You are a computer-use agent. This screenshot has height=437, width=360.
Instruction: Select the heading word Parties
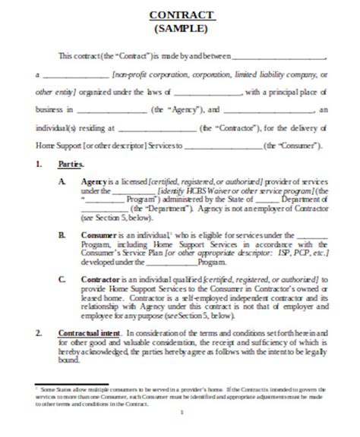pos(70,162)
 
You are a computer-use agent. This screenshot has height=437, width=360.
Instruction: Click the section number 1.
pos(39,162)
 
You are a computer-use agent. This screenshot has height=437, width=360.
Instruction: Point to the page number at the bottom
pos(181,413)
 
